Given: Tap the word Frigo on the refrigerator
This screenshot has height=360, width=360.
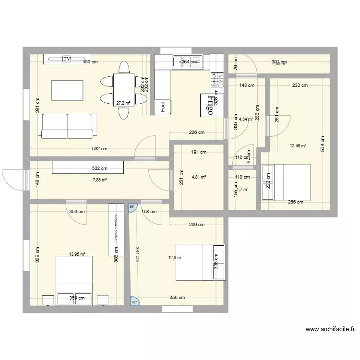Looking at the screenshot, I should click(x=209, y=105).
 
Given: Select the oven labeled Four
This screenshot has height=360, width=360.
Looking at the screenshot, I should click(x=163, y=105).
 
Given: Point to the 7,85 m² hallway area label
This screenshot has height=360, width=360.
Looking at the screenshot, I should click(x=100, y=180).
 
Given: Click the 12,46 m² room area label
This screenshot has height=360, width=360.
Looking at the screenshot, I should click(x=298, y=146).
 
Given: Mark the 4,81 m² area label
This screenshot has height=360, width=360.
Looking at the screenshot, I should click(x=199, y=177).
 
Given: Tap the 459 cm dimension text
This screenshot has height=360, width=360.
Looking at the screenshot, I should click(x=90, y=62).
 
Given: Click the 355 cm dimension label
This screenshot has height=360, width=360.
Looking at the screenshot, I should click(x=177, y=298).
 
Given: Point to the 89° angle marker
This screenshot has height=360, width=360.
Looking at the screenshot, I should click(x=132, y=207).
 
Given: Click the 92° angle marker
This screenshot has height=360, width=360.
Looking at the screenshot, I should click(x=133, y=302).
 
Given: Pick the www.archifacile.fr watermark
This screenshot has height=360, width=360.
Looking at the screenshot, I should click(x=331, y=329).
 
